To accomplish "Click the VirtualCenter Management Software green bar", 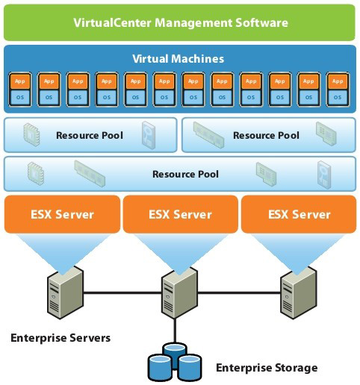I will pos(180,22).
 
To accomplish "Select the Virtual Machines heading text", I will pos(178,58).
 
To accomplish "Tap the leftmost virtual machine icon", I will pos(20,88).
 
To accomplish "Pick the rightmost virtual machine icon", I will pos(337,88).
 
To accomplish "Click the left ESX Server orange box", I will pos(62,214).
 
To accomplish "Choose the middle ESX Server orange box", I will pos(180,214).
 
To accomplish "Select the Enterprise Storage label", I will pos(267,368).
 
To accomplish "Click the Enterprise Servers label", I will pos(60,338).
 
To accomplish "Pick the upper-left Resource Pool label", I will pos(90,136).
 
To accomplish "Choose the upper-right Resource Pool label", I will pos(266,136).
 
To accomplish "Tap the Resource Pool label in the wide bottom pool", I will pos(185,174).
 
